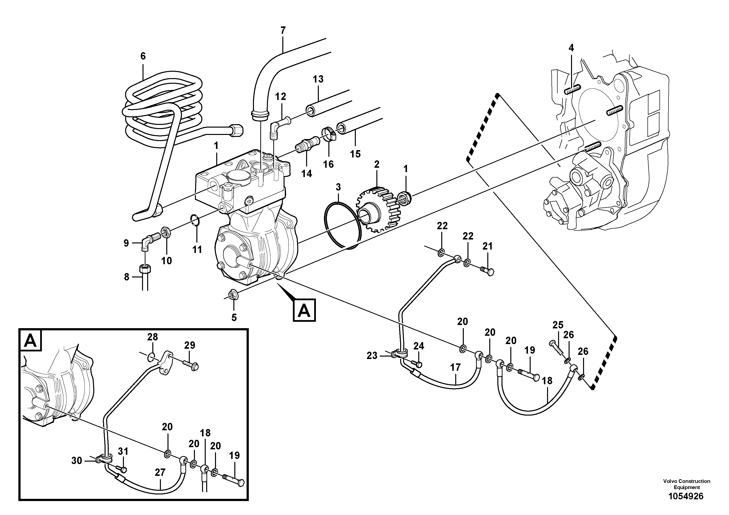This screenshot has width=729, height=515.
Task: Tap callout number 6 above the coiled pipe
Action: (x=143, y=56)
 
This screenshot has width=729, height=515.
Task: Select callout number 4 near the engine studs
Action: (x=571, y=48)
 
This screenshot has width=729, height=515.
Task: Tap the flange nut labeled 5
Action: (x=235, y=294)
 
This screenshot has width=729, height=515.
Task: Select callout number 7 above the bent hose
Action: (x=283, y=30)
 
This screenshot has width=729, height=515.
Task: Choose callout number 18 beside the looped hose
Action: (x=547, y=381)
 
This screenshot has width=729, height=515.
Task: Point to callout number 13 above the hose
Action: (x=318, y=79)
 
